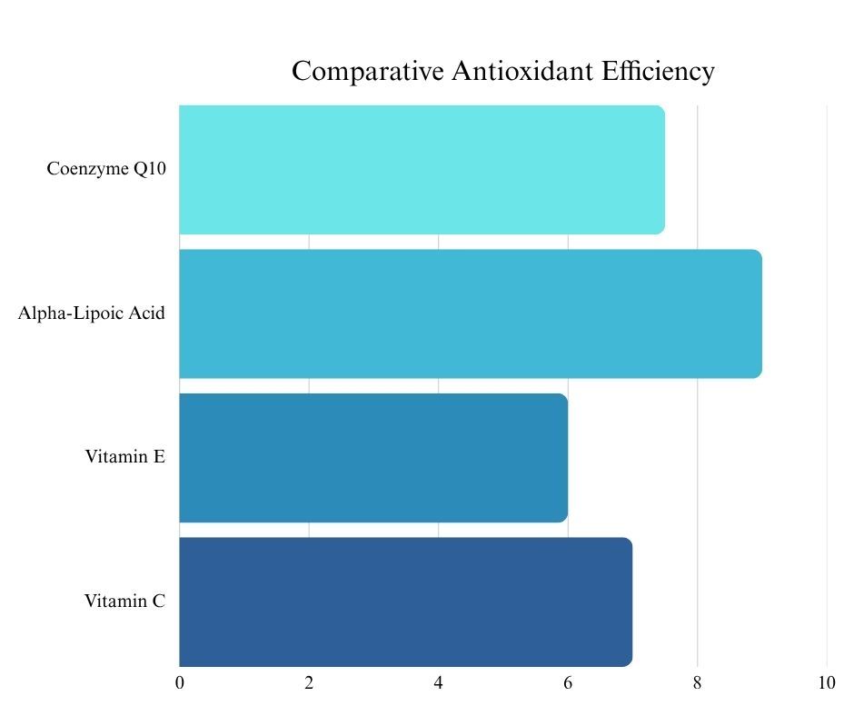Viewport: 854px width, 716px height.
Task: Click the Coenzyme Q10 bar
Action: [x=422, y=170]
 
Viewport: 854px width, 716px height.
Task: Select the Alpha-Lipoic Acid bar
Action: [x=470, y=313]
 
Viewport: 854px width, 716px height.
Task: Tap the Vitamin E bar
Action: [x=373, y=457]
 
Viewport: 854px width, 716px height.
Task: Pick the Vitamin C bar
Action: [x=405, y=602]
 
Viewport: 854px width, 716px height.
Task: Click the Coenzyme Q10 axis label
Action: [x=106, y=169]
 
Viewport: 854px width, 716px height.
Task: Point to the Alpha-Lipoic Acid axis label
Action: [x=92, y=313]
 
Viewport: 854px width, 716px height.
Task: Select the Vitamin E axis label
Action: [x=125, y=456]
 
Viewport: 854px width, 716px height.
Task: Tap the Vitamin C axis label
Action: [x=125, y=601]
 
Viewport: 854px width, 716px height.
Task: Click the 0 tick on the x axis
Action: [x=180, y=683]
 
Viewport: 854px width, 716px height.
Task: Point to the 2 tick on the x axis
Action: [x=309, y=683]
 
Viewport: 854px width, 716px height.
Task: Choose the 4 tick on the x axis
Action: [x=439, y=683]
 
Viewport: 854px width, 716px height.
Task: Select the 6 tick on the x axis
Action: [x=568, y=683]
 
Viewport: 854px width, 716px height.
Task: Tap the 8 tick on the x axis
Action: [x=698, y=683]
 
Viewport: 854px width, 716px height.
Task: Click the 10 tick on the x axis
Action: [x=826, y=683]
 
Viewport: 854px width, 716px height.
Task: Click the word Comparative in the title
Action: [x=368, y=72]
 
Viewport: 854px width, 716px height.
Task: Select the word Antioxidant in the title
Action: [x=522, y=71]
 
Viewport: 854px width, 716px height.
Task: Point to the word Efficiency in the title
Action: [x=659, y=72]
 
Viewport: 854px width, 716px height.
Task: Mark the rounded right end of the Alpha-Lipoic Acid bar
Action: [x=756, y=313]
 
